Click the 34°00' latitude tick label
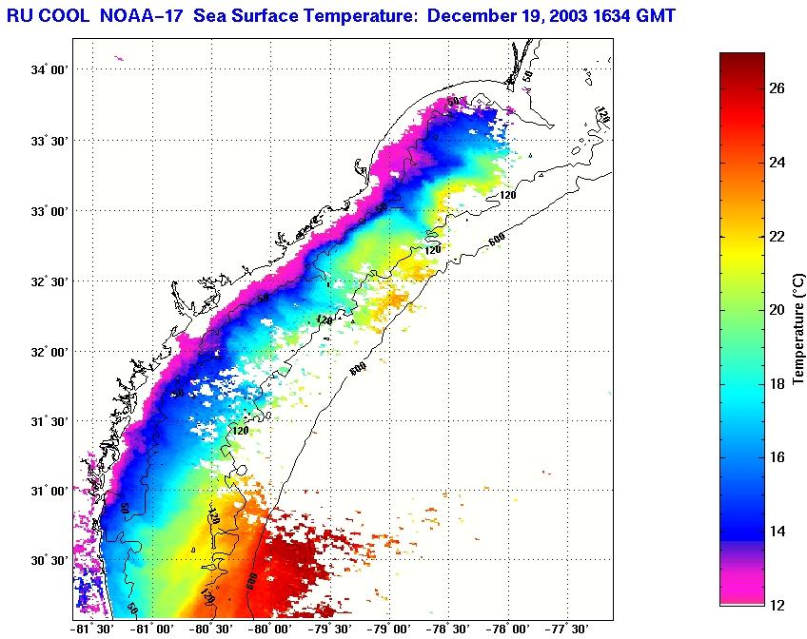click(49, 70)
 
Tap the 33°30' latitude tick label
click(49, 141)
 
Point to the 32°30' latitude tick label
click(49, 281)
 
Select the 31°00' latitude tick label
click(49, 492)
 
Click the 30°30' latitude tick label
click(49, 561)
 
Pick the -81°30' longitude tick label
click(92, 629)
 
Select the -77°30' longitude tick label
click(567, 629)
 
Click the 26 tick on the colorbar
click(777, 88)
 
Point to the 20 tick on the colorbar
click(777, 310)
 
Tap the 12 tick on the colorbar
click(777, 605)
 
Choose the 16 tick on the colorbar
click(777, 457)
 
